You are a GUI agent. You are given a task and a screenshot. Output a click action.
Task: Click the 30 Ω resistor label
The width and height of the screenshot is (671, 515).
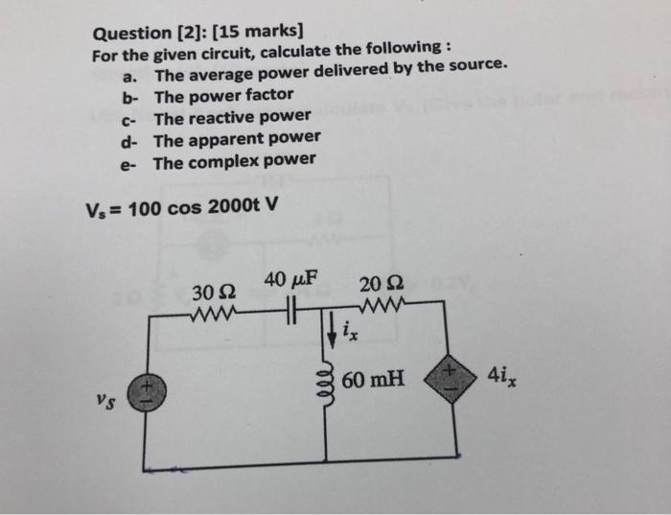[212, 291]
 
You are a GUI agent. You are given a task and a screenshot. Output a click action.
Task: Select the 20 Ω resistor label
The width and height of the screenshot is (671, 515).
[382, 285]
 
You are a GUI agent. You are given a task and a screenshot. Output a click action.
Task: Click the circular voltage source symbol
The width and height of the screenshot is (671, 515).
[146, 393]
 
